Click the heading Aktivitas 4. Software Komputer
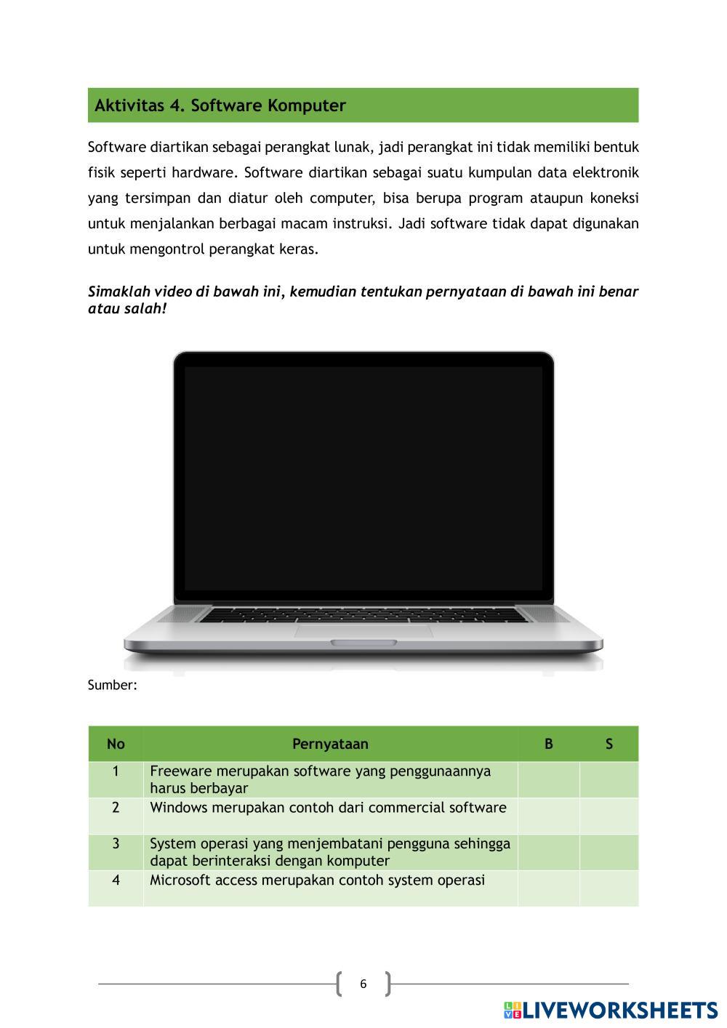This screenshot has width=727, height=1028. point(220,105)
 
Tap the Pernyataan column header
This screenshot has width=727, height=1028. point(330,744)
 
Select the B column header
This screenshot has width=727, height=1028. point(549,744)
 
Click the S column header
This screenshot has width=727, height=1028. point(609,744)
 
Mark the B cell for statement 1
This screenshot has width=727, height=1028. point(549,779)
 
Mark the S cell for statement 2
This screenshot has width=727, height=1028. point(609,816)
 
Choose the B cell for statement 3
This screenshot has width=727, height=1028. point(549,852)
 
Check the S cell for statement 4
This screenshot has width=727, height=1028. point(609,888)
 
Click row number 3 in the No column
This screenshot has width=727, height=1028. point(116,844)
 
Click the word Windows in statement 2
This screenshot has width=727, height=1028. point(177,808)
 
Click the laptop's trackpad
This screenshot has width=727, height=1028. point(363,630)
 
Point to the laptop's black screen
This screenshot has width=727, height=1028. point(363,478)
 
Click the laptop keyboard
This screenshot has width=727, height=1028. point(363,615)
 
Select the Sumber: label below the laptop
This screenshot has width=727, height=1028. point(113,685)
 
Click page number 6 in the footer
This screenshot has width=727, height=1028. point(363,984)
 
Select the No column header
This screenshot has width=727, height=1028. point(116,744)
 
